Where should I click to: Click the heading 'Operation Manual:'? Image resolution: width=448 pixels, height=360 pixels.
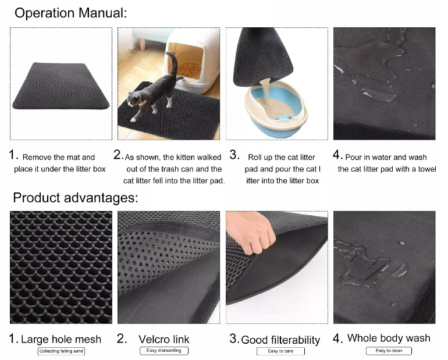point(70,13)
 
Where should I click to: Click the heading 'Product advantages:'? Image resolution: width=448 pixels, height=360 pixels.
point(76,198)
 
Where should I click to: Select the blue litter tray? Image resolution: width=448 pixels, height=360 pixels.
point(276,111)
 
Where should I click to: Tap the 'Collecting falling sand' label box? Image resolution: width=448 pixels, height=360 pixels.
point(61,351)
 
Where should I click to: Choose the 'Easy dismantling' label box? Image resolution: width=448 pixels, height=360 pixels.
point(164,351)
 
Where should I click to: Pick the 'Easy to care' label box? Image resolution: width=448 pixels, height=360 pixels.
point(280,351)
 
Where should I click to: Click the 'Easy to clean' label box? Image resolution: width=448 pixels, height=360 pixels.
point(389,351)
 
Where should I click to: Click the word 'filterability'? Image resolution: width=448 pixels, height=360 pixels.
point(296,340)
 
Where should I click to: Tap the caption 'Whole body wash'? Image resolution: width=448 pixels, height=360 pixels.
point(389,338)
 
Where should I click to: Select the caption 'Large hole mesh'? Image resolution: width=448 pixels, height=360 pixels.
point(61,339)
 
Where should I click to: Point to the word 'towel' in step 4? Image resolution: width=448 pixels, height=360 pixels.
point(427,169)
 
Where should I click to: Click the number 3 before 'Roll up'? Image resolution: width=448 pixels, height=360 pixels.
point(234,155)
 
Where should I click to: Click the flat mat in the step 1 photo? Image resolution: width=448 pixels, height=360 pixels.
point(61,85)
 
